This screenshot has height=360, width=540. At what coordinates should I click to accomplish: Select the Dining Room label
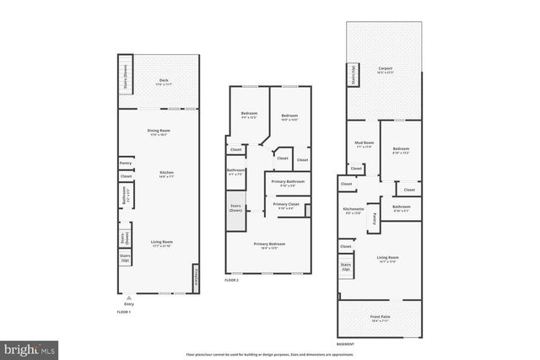point(158,132)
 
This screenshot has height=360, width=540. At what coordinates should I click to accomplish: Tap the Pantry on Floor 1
point(125,164)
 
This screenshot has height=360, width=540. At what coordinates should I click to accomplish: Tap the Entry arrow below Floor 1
point(128,299)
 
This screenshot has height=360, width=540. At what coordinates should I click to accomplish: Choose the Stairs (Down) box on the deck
point(125,74)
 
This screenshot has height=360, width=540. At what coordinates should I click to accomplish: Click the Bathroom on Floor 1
point(125,201)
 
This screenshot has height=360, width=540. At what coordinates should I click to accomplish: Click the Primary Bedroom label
point(270,245)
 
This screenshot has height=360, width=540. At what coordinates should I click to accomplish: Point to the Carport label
point(385,70)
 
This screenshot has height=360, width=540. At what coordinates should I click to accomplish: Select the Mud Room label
point(364,144)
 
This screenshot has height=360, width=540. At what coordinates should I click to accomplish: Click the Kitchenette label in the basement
point(353,211)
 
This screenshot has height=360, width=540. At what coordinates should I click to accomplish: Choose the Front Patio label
point(381,319)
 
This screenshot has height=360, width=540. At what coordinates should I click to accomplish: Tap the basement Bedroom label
point(400,150)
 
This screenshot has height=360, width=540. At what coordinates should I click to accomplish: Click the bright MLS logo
point(30,347)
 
